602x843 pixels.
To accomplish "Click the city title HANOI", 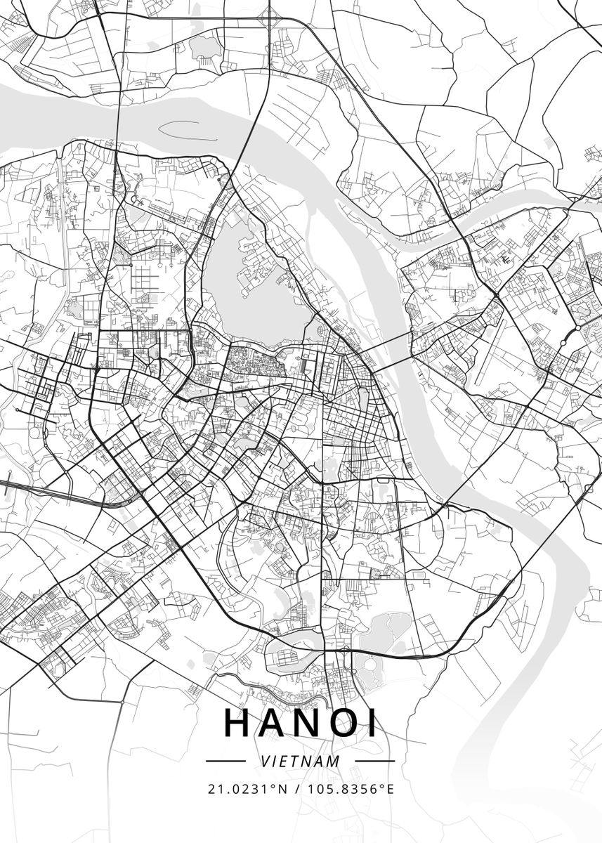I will click(301, 723).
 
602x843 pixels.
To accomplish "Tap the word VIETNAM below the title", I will click(301, 761).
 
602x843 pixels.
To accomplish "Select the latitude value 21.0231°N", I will click(248, 789).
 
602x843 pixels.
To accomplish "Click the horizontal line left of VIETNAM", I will click(225, 761).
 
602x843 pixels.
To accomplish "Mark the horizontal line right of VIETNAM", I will click(375, 761).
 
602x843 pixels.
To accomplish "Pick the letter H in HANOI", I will click(238, 723).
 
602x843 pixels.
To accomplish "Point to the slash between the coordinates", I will click(298, 789).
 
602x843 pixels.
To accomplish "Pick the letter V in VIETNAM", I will click(264, 761).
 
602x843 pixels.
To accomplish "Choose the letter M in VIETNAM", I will click(334, 761).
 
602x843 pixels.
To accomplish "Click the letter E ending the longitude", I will click(391, 789).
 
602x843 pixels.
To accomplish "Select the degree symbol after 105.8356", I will click(381, 786).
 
